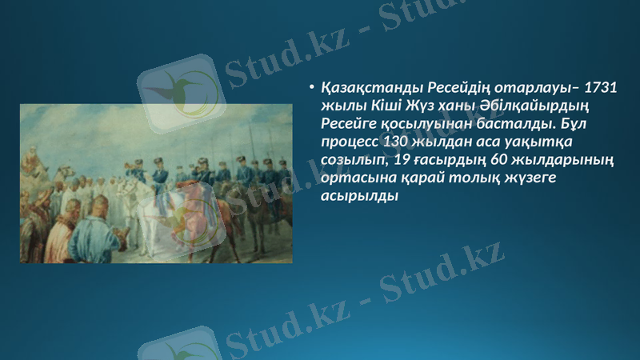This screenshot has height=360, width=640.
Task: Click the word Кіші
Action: coord(382,106)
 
